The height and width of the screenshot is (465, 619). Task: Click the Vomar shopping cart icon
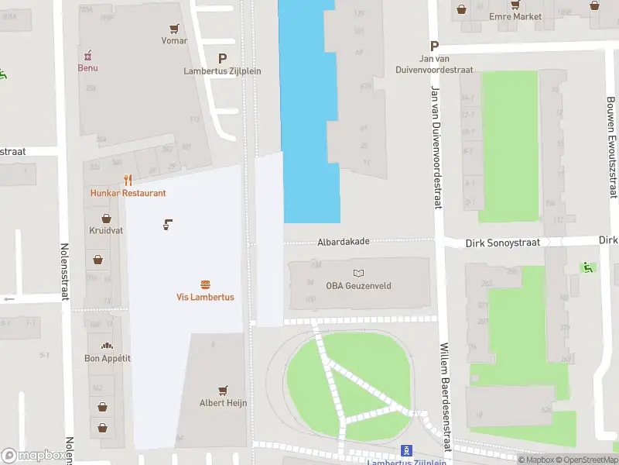pos(175,28)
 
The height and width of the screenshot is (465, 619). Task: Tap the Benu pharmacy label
pos(87,67)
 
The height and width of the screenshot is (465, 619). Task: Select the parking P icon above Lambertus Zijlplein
pos(223,58)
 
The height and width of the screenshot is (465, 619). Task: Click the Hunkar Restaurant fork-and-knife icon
pos(128,181)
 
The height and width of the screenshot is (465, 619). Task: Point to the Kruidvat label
pos(101,231)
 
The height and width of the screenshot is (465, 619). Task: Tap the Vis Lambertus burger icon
pos(205,285)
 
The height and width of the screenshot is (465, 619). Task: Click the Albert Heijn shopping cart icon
pos(223,391)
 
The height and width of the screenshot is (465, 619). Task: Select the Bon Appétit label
pos(107,358)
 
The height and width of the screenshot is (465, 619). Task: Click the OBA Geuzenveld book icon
pos(358,273)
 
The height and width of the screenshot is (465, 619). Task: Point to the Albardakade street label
pos(343,242)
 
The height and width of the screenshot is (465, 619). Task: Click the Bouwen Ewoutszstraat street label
pos(611,147)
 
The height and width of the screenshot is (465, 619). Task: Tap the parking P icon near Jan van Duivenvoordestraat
pos(435,46)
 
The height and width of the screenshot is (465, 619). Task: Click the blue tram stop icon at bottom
pos(406,450)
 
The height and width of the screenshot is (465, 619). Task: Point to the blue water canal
pos(309,116)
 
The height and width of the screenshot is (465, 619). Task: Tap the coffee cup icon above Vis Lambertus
pos(167,225)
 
